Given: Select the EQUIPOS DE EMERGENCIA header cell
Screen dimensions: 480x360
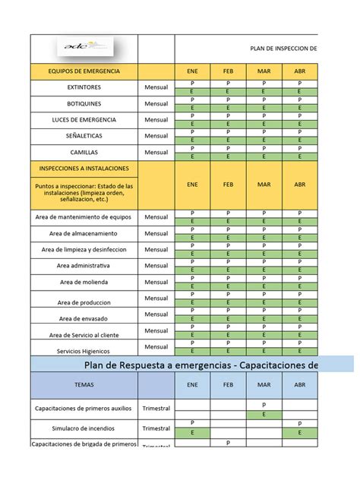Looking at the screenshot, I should (84, 71).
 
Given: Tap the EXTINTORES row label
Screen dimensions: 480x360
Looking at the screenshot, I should (84, 87).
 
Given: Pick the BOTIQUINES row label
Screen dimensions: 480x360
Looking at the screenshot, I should (84, 103).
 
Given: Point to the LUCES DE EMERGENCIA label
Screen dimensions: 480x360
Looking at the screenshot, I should (84, 120).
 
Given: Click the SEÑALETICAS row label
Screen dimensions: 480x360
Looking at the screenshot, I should (84, 136).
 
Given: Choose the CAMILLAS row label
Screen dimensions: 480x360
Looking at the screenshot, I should (84, 152).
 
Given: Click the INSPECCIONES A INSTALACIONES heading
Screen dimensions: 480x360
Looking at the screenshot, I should (84, 168).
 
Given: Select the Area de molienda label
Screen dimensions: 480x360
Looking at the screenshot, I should (84, 282).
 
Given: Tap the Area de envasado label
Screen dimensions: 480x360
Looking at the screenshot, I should (84, 318).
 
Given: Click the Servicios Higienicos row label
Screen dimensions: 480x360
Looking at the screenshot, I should (84, 351).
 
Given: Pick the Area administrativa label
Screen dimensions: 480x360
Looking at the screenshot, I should (84, 266).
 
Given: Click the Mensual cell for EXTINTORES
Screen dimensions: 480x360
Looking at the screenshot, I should (156, 87).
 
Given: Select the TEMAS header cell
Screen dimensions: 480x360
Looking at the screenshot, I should (84, 385).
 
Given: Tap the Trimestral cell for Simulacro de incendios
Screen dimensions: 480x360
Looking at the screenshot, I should (156, 428).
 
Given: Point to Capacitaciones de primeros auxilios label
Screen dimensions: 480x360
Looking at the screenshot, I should (84, 409).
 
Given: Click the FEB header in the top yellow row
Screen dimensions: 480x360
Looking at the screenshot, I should (229, 71).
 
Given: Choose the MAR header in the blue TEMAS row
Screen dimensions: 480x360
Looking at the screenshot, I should (264, 385).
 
